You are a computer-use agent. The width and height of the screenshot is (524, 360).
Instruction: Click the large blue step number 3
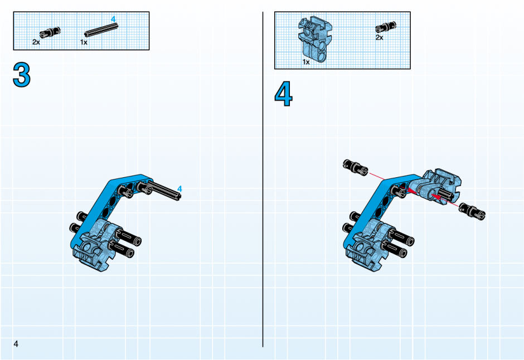[x=22, y=75]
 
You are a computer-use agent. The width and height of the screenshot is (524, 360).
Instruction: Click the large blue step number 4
[x=283, y=94]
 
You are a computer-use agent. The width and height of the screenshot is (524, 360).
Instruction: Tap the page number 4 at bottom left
[x=16, y=344]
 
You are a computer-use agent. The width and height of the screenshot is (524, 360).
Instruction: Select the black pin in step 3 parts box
[x=50, y=32]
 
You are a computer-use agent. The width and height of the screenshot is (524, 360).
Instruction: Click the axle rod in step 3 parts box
[x=101, y=30]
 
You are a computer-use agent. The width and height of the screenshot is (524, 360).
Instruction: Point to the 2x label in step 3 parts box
[x=36, y=42]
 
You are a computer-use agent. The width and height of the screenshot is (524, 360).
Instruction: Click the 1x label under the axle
[x=84, y=42]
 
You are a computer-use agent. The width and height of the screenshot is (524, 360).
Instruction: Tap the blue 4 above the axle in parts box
[x=113, y=20]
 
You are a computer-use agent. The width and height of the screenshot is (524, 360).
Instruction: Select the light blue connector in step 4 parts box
[x=314, y=39]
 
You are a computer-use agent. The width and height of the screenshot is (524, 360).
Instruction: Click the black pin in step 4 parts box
[x=386, y=27]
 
